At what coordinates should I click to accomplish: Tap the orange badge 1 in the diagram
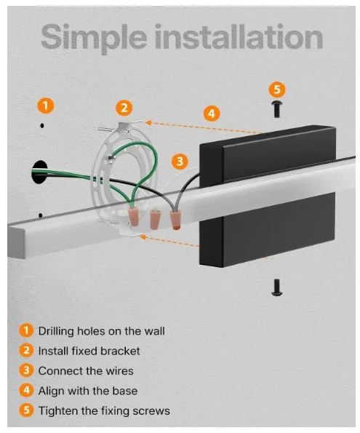pos(45,106)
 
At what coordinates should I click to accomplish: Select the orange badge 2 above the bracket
pos(124,108)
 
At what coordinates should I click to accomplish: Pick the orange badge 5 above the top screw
pos(276,90)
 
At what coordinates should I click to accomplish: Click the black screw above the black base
pos(276,108)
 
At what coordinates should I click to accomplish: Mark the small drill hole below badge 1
pos(42,126)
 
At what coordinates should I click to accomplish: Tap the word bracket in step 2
pos(119,351)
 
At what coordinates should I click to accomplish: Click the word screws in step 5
pos(151,410)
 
